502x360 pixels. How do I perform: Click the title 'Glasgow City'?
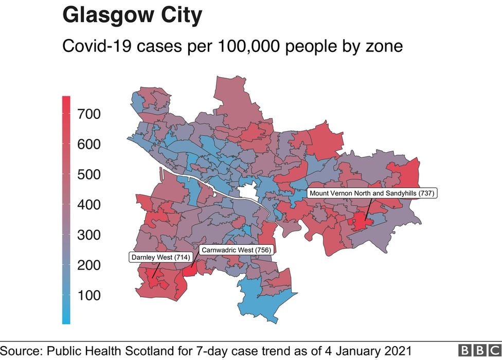coord(132,15)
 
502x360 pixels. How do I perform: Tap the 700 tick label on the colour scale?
coord(88,114)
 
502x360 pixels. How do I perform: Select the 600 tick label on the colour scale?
coord(88,145)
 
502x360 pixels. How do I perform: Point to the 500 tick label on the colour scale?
coord(88,175)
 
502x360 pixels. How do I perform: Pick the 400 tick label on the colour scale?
coord(88,205)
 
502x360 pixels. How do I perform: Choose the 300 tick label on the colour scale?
coord(88,236)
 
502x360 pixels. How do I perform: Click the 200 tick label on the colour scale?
coord(88,266)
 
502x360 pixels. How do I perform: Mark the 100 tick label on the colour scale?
coord(88,296)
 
